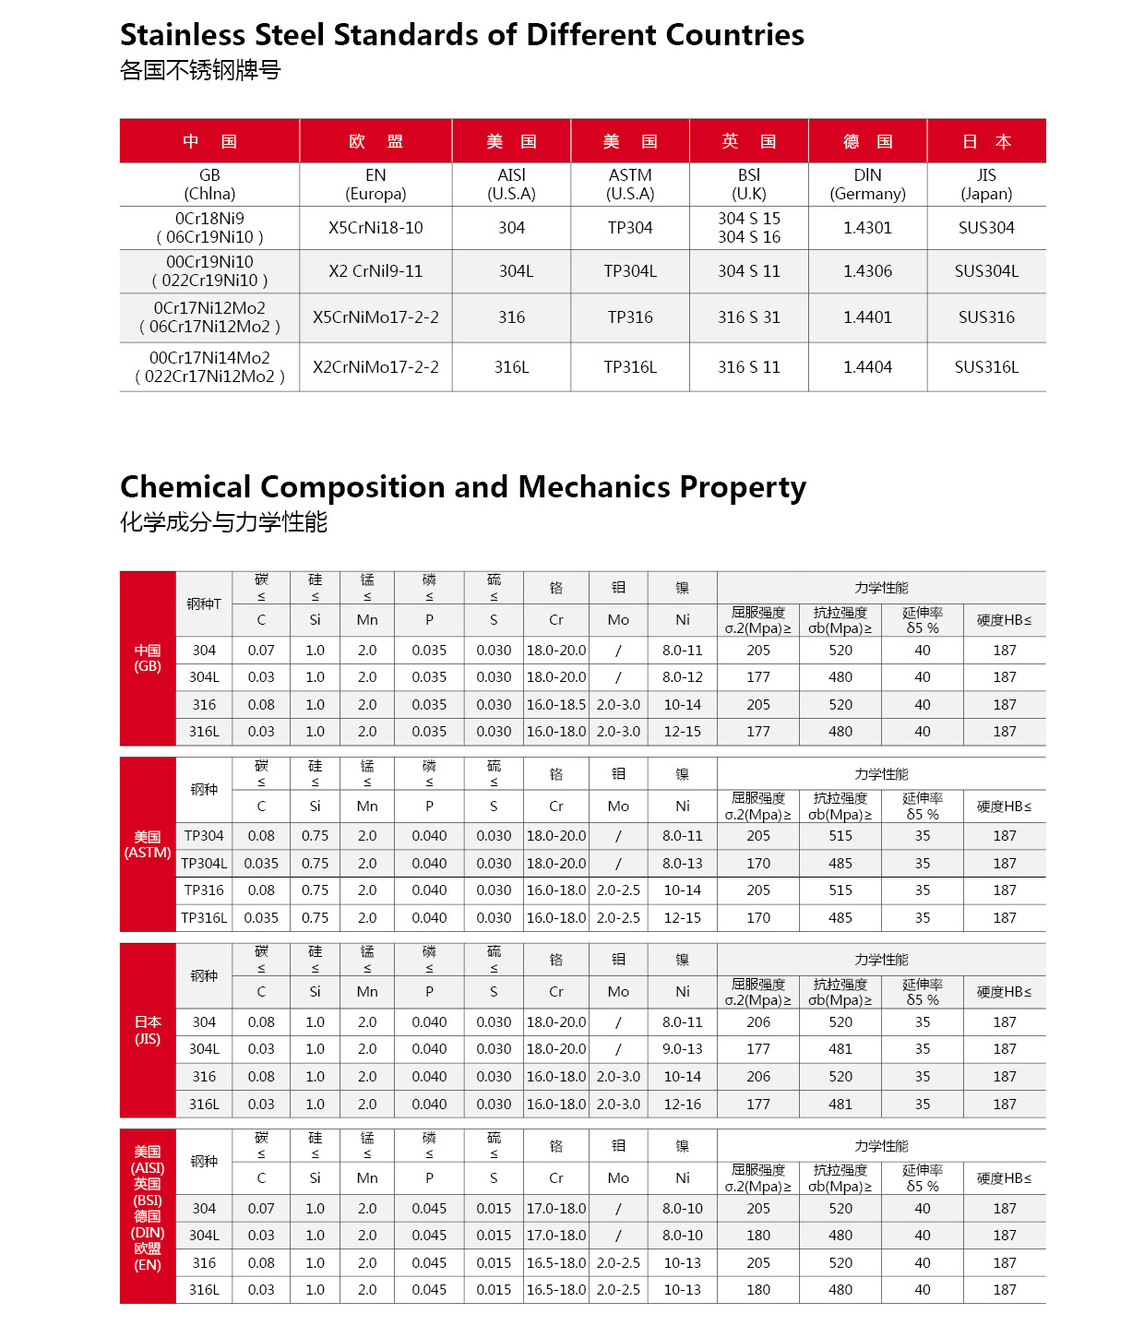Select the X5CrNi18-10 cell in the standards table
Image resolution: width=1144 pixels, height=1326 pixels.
click(x=375, y=228)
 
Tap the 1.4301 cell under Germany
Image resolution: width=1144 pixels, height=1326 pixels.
click(x=867, y=228)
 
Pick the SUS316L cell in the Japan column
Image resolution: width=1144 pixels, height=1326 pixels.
click(x=986, y=367)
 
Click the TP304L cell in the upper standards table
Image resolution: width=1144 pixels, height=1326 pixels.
click(x=630, y=271)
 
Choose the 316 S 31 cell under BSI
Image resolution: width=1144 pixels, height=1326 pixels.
click(x=749, y=317)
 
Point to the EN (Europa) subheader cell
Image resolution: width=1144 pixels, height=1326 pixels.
click(x=375, y=185)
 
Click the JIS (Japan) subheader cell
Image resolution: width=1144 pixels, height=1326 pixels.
click(x=986, y=185)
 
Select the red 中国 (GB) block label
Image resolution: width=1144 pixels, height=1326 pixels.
click(x=148, y=658)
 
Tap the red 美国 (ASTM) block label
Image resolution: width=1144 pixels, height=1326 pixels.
click(x=148, y=844)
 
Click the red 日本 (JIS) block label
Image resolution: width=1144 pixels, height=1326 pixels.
click(x=148, y=1030)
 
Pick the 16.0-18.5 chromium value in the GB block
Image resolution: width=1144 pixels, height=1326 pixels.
click(x=555, y=705)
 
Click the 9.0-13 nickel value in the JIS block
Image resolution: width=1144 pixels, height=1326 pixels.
click(x=683, y=1049)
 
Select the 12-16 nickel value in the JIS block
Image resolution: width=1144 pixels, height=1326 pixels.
click(x=683, y=1105)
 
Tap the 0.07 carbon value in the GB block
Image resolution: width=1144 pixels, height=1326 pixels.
click(x=261, y=651)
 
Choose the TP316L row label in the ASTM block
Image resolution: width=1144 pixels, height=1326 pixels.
click(x=204, y=918)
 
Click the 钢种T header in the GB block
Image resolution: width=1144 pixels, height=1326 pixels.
click(x=204, y=603)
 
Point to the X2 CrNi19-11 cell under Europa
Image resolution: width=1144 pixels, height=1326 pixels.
click(x=375, y=271)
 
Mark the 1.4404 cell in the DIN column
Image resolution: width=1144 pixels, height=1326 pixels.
click(x=867, y=367)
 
